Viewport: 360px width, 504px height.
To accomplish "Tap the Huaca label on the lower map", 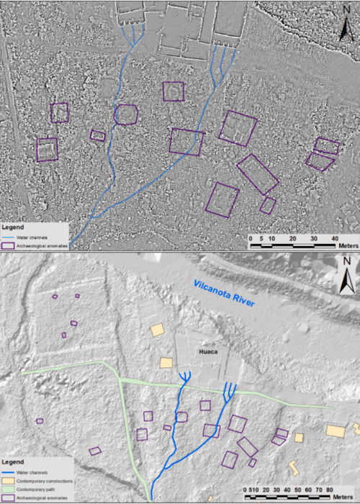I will point(207,352).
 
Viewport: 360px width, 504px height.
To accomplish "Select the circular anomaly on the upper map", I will point(126,114).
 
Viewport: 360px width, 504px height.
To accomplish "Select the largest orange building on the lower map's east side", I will point(335,431).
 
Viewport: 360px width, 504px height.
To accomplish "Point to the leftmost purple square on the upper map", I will point(47,149).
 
